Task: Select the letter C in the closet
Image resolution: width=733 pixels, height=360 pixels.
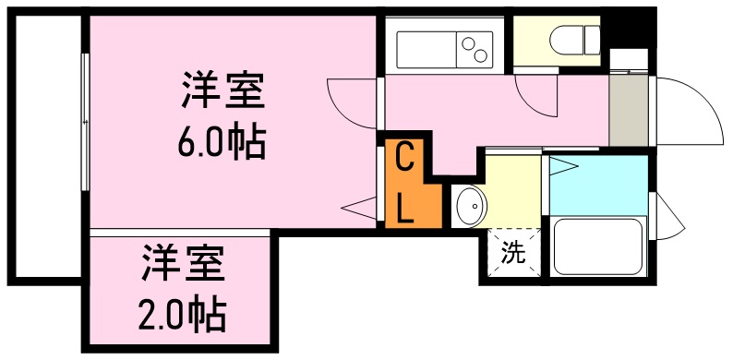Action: click(403, 157)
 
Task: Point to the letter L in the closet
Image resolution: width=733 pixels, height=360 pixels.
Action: click(404, 209)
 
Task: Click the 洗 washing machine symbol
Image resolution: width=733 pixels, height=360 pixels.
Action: click(513, 252)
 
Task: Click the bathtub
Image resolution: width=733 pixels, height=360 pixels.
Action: click(597, 246)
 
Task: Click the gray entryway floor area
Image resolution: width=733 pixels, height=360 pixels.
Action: click(629, 111)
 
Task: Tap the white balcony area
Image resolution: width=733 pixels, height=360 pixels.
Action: click(45, 148)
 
